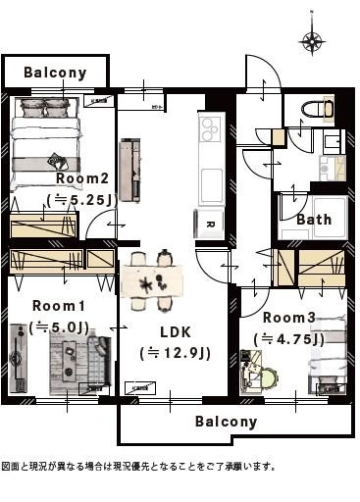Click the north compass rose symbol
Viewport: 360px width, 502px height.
pos(313,39)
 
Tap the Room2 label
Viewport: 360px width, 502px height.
pos(81,179)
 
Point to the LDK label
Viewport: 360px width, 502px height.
pos(176,331)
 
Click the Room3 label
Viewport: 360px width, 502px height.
pos(289,318)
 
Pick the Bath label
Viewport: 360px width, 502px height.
pos(314,220)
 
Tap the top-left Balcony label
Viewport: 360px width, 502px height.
pos(55,73)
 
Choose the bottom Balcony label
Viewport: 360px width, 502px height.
pos(226,422)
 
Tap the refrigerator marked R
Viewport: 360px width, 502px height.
pos(211,224)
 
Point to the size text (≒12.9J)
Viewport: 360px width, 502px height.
pos(176,353)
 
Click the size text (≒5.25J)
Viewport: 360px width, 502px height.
pos(81,199)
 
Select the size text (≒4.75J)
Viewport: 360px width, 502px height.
pos(289,338)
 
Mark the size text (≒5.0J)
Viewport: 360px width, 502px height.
pos(59,327)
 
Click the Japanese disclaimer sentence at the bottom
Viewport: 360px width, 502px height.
pos(138,467)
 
